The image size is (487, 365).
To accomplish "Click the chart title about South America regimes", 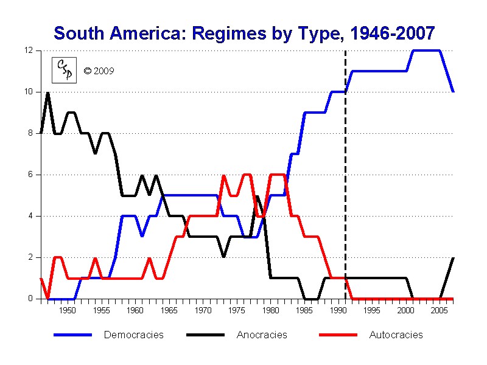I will pyautogui.click(x=243, y=33).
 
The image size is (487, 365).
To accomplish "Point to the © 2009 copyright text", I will pyautogui.click(x=99, y=71).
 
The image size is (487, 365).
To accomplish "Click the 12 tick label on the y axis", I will pyautogui.click(x=28, y=50).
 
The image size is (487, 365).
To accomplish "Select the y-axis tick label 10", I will pyautogui.click(x=28, y=92).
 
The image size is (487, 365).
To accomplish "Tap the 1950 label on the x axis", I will pyautogui.click(x=68, y=310).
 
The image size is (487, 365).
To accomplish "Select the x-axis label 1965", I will pyautogui.click(x=169, y=310).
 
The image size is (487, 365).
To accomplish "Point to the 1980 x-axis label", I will pyautogui.click(x=271, y=310).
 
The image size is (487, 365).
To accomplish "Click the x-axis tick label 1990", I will pyautogui.click(x=338, y=310).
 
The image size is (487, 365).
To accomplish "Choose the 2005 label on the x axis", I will pyautogui.click(x=440, y=310).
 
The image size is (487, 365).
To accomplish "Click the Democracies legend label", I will pyautogui.click(x=134, y=335).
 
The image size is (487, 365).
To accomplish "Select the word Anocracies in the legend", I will pyautogui.click(x=262, y=335).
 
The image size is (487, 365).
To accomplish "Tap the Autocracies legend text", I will pyautogui.click(x=396, y=335).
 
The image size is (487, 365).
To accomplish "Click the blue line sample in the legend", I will pyautogui.click(x=72, y=335).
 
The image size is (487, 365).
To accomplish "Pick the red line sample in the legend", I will pyautogui.click(x=338, y=335).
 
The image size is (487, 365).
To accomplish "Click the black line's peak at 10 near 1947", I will pyautogui.click(x=47, y=92).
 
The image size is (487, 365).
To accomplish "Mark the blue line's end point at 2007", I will pyautogui.click(x=453, y=91).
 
